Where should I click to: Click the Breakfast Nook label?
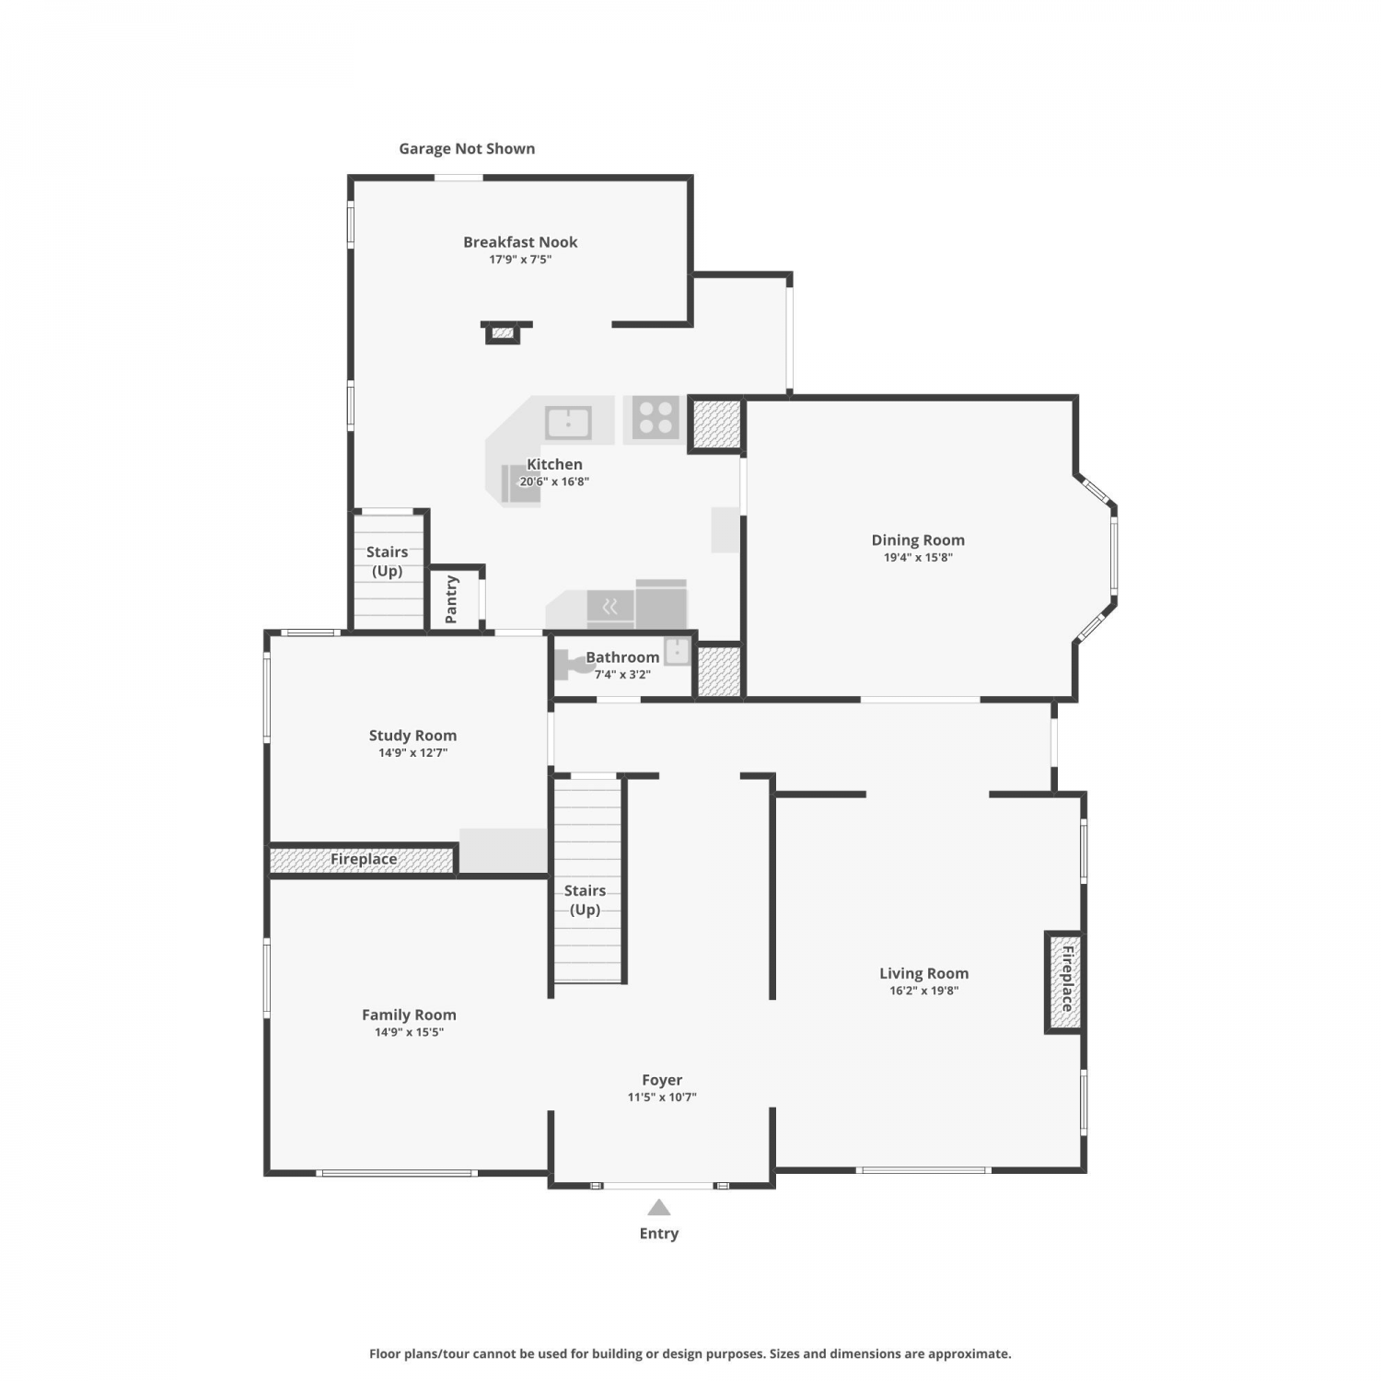coord(520,242)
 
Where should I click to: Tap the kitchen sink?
coord(568,424)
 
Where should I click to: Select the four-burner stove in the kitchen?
coord(656,418)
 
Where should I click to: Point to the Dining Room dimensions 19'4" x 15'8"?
coord(918,557)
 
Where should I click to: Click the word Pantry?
coord(451,599)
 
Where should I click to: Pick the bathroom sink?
coord(678,651)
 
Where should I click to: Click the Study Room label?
coord(412,736)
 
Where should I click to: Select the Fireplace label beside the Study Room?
coord(364,859)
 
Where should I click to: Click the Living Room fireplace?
coord(1063,982)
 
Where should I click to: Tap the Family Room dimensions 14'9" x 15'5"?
coord(409,1032)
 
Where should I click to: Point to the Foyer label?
coord(662,1080)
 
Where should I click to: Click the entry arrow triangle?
coord(658,1208)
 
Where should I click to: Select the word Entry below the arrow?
coord(659,1234)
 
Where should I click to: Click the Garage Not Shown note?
coord(467,148)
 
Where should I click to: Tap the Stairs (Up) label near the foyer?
coord(585,900)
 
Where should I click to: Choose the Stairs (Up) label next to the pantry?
coord(387,562)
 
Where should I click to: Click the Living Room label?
coord(923,973)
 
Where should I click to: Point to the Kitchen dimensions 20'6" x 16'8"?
coord(554,482)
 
